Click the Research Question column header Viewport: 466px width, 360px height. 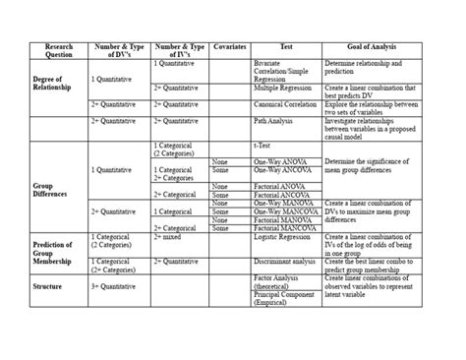tap(53, 50)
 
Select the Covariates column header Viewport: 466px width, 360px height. tap(228, 45)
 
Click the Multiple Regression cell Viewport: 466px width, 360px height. tap(280, 88)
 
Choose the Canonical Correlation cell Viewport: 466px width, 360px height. tap(285, 102)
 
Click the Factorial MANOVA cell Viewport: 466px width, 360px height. tap(282, 228)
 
